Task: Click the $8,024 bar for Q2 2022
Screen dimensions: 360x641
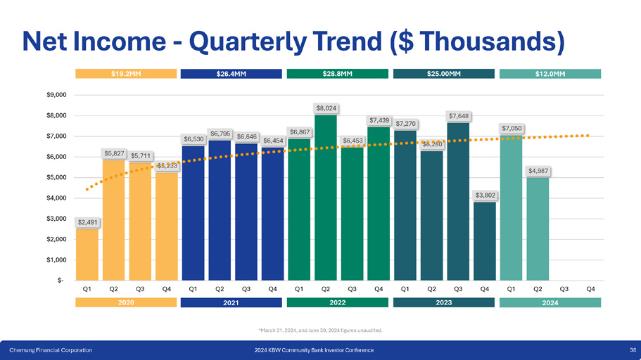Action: click(326, 197)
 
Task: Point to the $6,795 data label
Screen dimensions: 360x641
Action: click(220, 133)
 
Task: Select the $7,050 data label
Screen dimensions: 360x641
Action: click(512, 128)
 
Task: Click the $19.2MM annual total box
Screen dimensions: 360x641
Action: click(127, 74)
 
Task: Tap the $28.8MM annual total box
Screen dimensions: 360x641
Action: click(338, 74)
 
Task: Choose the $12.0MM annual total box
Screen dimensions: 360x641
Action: click(550, 74)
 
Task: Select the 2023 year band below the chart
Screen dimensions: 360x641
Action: click(444, 302)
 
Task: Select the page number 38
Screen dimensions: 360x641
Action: click(633, 349)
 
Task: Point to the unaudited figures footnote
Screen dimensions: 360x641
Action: click(320, 329)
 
